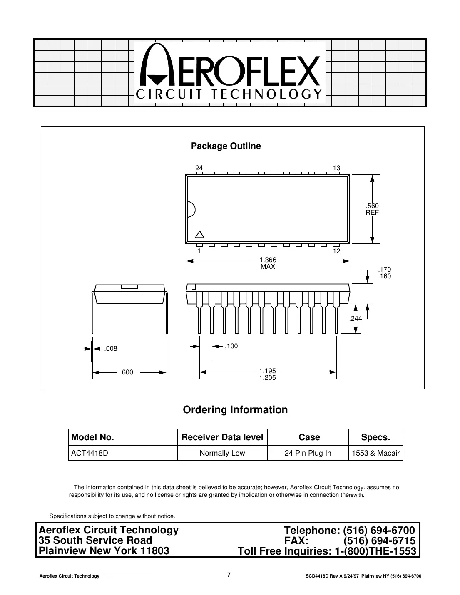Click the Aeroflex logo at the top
click(x=230, y=73)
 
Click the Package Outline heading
click(x=226, y=146)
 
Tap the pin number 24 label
click(x=199, y=168)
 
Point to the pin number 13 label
click(x=336, y=168)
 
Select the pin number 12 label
click(x=336, y=251)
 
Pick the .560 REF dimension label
click(x=372, y=209)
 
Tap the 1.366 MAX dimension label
click(x=268, y=263)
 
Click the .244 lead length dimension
click(x=356, y=319)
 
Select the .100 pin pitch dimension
click(x=231, y=346)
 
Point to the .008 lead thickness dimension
click(x=110, y=349)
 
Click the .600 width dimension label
click(x=127, y=372)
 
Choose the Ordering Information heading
click(x=235, y=410)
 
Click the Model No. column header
click(x=93, y=437)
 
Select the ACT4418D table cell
click(x=90, y=453)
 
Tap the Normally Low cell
click(x=222, y=453)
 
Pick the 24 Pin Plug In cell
click(x=308, y=453)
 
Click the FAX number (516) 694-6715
click(x=379, y=541)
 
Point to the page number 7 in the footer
click(x=229, y=575)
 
